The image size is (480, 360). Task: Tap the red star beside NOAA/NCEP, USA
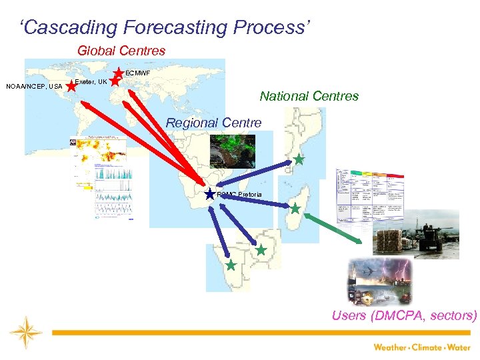71,86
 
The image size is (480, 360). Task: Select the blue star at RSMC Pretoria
210,194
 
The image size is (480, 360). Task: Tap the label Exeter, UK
91,82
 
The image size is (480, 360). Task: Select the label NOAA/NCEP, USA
34,87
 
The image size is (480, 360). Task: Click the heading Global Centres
121,50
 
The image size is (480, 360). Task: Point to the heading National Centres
309,96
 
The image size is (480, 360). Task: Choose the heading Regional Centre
213,123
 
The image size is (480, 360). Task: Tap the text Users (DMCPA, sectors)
405,315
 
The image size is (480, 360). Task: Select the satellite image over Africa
232,149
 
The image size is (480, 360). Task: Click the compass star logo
26,332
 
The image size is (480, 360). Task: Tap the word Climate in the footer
429,347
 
